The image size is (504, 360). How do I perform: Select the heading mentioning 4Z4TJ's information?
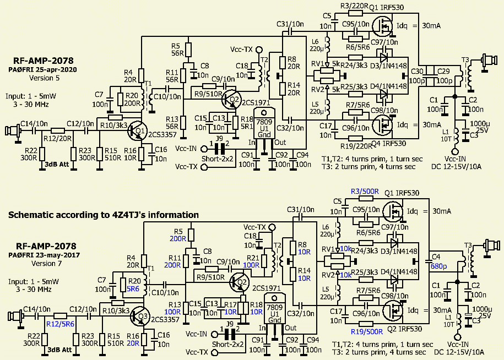pos(104,215)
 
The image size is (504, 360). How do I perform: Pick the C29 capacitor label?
pos(444,72)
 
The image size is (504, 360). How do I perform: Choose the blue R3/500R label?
pos(364,191)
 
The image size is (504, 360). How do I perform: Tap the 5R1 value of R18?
pos(249,126)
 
